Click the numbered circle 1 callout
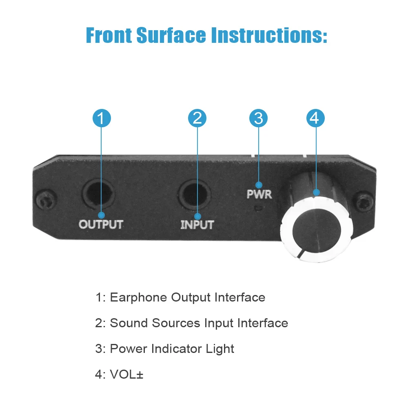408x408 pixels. point(102,118)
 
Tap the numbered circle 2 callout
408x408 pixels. point(197,118)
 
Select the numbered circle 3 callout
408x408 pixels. point(258,118)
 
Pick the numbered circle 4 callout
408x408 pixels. point(315,118)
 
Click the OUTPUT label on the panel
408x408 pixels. point(101,224)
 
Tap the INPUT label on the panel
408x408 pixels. point(197,225)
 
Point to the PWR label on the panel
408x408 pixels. point(259,194)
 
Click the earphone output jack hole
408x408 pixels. point(98,193)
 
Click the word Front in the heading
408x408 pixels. point(108,35)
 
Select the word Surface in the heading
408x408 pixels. point(171,35)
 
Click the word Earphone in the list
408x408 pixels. point(139,297)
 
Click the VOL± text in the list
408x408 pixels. point(126,374)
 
